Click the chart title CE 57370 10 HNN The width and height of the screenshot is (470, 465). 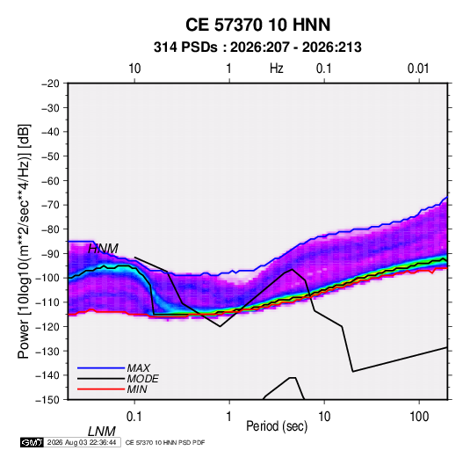(257, 25)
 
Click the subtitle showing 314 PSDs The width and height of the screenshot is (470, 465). (257, 47)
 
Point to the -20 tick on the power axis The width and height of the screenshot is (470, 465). (50, 84)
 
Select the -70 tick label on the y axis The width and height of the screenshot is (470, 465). (50, 205)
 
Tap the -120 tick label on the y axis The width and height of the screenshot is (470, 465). (48, 326)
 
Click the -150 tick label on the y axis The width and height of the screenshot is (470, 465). (48, 400)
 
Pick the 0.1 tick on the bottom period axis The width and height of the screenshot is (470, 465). (134, 417)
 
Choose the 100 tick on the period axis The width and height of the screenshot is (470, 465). (419, 417)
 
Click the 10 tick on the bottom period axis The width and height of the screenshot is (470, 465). (324, 417)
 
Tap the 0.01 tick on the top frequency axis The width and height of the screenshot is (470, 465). (418, 69)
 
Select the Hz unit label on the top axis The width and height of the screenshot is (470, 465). (277, 69)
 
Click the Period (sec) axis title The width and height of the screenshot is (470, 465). (277, 426)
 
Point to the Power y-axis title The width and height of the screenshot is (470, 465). (24, 242)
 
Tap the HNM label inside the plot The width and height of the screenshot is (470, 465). (103, 249)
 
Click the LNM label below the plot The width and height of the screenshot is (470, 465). (102, 432)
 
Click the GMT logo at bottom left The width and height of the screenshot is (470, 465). (33, 442)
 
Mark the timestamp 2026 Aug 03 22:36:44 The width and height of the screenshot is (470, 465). (82, 442)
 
